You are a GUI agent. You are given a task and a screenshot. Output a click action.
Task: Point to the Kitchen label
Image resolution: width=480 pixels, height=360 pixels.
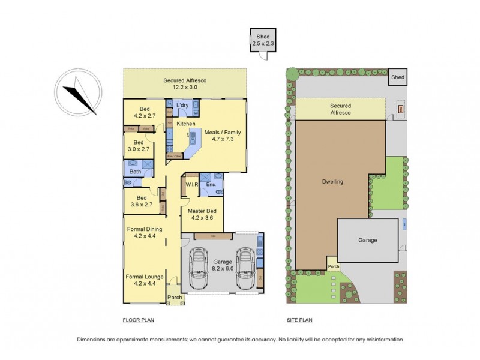[x=186, y=124]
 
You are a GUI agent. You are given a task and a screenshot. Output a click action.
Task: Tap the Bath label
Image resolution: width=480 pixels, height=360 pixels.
[x=136, y=172]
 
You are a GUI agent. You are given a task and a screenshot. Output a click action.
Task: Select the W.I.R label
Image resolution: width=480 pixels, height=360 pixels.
[x=192, y=184]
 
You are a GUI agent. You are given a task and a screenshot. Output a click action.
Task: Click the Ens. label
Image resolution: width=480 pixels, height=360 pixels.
[x=211, y=184]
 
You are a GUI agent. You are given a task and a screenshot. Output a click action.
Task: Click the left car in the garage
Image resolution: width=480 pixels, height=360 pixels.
[x=198, y=268]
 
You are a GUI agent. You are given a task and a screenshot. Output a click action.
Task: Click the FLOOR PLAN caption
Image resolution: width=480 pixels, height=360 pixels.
[x=138, y=320]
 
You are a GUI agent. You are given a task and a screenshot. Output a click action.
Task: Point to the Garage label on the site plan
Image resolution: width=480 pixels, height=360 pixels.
[x=368, y=240]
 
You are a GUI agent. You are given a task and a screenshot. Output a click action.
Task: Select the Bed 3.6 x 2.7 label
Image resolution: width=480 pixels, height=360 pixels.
[x=142, y=202]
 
